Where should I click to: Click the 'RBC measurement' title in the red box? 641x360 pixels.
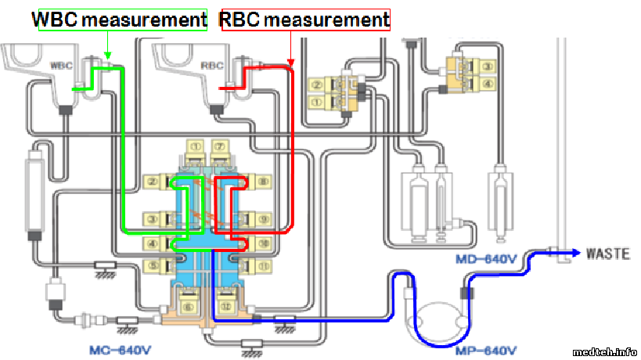(x=305, y=20)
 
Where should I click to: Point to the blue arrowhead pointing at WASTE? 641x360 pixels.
(x=577, y=252)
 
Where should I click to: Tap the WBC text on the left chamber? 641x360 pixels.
(x=60, y=65)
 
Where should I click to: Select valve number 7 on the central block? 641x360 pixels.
(x=221, y=146)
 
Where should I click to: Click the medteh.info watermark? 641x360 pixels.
(x=604, y=351)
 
